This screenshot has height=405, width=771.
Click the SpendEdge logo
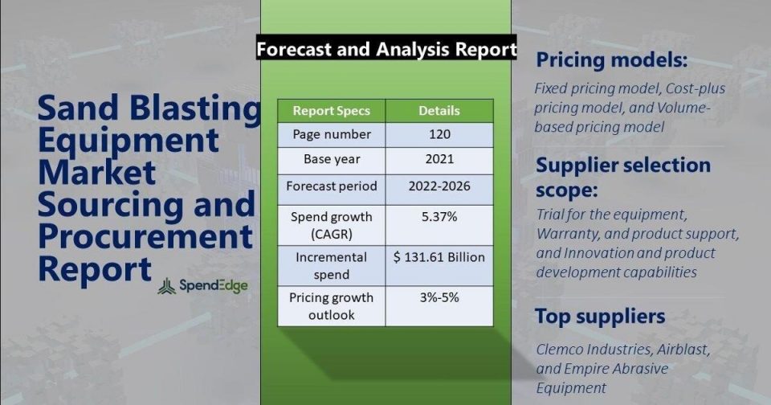click(x=202, y=286)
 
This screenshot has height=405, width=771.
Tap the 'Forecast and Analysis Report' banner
click(x=386, y=48)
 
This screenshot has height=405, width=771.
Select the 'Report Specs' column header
click(x=332, y=111)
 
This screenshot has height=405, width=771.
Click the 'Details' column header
click(x=439, y=111)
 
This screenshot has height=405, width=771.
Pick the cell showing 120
click(x=439, y=134)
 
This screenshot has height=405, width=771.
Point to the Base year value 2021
click(x=439, y=159)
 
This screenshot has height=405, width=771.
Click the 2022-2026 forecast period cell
click(x=439, y=186)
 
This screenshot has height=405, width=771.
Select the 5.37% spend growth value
click(x=439, y=217)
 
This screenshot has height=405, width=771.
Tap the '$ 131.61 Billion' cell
click(x=439, y=257)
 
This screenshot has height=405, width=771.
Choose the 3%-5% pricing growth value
click(x=439, y=297)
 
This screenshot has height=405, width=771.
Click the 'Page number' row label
click(x=332, y=134)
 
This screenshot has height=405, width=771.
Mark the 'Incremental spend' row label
click(x=332, y=266)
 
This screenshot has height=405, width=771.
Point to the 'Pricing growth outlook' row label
click(x=332, y=306)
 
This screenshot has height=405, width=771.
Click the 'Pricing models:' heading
click(x=611, y=60)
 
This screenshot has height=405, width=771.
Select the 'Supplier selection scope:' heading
click(x=623, y=176)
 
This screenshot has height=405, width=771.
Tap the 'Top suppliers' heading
click(x=600, y=317)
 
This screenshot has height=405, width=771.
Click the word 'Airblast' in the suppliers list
click(x=683, y=350)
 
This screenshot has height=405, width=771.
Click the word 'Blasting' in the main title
click(x=198, y=108)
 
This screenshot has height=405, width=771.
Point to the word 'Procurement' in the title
click(x=145, y=237)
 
